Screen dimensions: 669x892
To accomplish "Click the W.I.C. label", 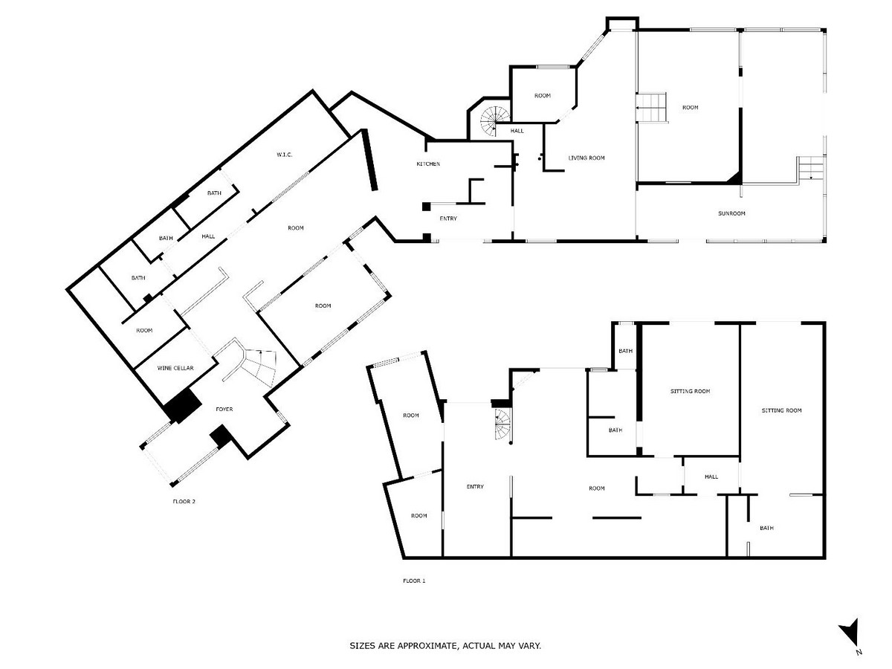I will tap(284, 155).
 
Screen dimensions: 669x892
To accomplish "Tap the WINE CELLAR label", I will tap(175, 368).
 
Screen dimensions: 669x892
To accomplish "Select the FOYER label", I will tap(225, 410).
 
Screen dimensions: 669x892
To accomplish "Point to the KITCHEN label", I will tap(428, 164).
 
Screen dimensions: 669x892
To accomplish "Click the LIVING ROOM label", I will tap(586, 158).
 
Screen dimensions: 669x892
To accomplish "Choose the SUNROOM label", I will tap(731, 213).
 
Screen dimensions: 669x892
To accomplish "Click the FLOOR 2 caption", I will tap(183, 501).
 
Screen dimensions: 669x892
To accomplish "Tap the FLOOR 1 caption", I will tap(414, 581).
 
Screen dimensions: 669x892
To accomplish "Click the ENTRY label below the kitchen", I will tap(448, 219).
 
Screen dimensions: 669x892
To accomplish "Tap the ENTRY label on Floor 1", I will tap(475, 487).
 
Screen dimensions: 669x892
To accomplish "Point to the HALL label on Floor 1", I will tap(711, 476).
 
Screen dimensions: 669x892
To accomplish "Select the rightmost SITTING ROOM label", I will tap(781, 410).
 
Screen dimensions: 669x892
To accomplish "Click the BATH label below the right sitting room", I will tap(766, 528).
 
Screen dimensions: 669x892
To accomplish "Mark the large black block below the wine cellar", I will tap(183, 406).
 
